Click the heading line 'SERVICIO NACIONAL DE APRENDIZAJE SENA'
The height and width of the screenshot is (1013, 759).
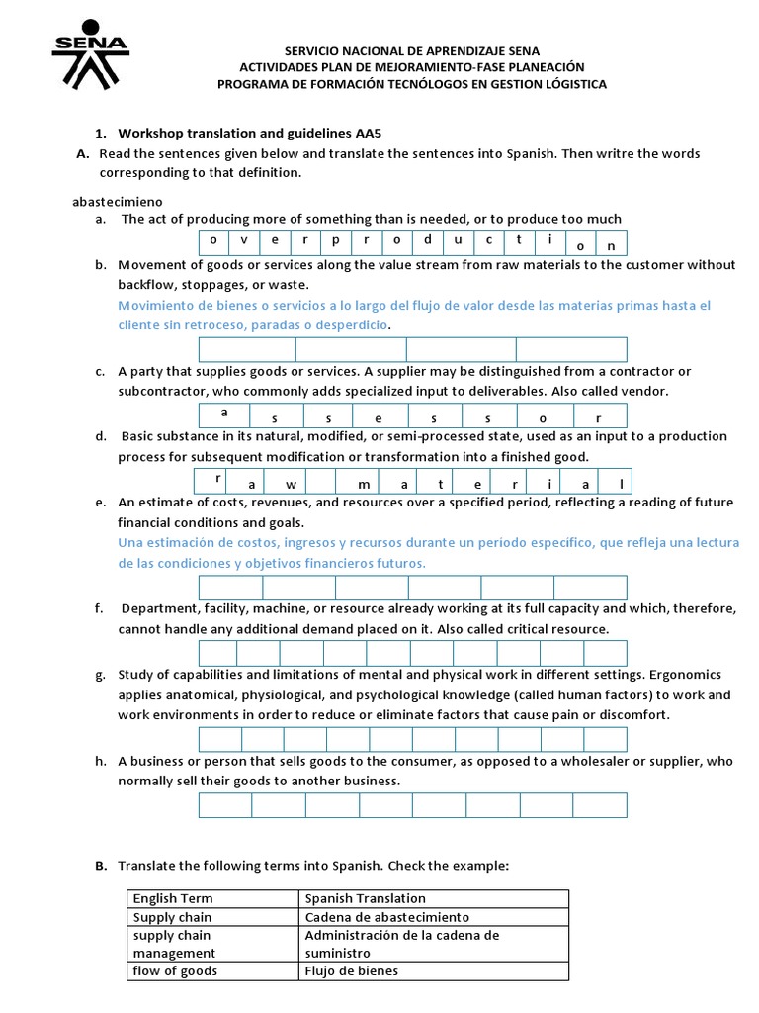tap(412, 50)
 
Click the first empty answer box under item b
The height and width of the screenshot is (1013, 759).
tap(247, 349)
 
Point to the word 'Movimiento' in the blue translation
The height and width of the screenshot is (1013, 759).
tap(153, 306)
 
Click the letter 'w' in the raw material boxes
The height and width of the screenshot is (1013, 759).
tap(294, 484)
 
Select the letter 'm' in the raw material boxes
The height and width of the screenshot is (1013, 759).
tap(365, 484)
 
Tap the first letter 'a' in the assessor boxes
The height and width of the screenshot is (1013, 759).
tap(224, 412)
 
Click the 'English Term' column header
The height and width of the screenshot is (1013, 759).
tap(173, 898)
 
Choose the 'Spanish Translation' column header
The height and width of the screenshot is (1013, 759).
tap(365, 898)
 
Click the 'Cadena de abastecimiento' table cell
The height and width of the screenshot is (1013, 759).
tap(387, 917)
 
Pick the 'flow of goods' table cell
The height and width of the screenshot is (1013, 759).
tap(175, 970)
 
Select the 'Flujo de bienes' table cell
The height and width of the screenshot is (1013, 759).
tap(352, 970)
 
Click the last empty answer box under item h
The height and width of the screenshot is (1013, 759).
tap(600, 805)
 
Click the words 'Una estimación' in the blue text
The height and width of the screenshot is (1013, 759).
tap(163, 543)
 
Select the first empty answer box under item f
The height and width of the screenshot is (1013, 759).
tap(217, 653)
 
